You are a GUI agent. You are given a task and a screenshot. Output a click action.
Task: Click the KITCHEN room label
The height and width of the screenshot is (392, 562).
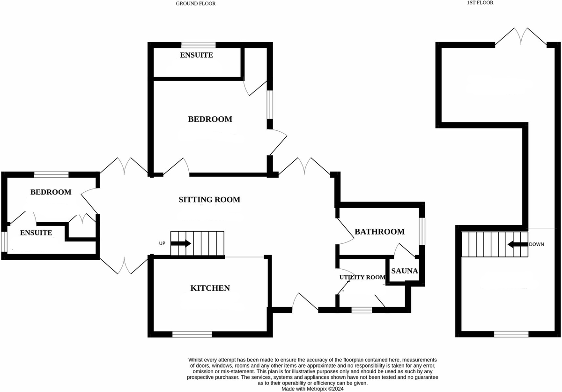pyautogui.click(x=210, y=288)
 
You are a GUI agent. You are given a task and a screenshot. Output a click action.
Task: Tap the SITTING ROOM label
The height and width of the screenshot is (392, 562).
pyautogui.click(x=209, y=200)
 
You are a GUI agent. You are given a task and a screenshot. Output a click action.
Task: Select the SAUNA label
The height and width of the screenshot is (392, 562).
pyautogui.click(x=404, y=271)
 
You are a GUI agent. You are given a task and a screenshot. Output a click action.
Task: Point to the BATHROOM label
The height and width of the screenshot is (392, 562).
pyautogui.click(x=379, y=232)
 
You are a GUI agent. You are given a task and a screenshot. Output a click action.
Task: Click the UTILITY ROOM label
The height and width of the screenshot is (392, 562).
pyautogui.click(x=362, y=277)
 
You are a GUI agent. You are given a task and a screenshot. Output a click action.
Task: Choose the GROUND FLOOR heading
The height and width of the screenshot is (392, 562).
pyautogui.click(x=196, y=3)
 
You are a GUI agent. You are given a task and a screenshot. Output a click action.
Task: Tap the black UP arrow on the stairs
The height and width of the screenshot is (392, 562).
pyautogui.click(x=181, y=243)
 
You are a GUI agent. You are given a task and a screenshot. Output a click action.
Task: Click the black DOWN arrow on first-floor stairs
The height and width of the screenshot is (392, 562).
pyautogui.click(x=517, y=244)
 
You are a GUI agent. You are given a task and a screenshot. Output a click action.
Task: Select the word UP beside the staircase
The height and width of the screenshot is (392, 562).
pyautogui.click(x=163, y=243)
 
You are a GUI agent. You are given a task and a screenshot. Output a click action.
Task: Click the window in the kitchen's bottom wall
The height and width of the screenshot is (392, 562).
pyautogui.click(x=192, y=334)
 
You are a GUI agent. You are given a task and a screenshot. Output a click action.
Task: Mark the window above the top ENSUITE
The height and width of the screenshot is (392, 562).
pyautogui.click(x=199, y=45)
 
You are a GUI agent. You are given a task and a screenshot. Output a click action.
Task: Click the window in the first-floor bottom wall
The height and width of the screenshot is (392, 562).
pyautogui.click(x=511, y=334)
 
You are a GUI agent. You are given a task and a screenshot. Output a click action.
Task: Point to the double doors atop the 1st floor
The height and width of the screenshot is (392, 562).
pyautogui.click(x=521, y=37)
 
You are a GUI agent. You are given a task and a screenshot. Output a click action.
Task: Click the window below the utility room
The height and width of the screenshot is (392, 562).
pyautogui.click(x=362, y=309)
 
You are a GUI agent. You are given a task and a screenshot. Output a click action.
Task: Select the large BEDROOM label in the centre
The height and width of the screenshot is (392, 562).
pyautogui.click(x=210, y=119)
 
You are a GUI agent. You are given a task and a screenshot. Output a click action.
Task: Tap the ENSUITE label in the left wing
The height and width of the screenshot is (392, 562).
pyautogui.click(x=36, y=233)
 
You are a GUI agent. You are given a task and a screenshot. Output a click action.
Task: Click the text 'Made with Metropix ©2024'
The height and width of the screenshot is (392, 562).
pyautogui.click(x=312, y=389)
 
